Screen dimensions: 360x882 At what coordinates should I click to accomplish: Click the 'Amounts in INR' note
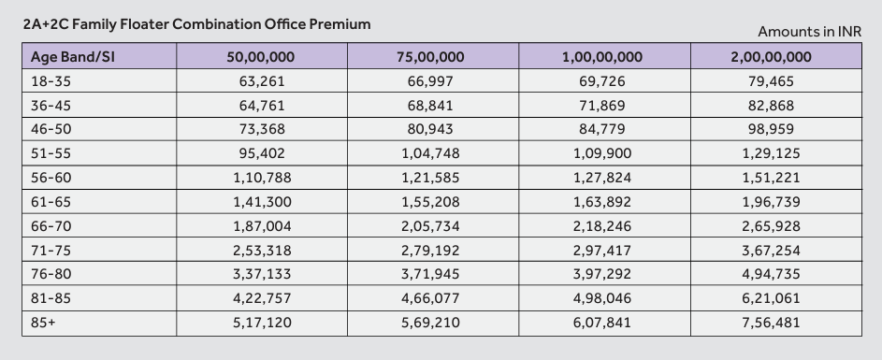(809, 32)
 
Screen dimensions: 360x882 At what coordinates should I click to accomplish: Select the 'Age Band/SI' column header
(73, 57)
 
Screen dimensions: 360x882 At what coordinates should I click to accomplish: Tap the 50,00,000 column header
(260, 57)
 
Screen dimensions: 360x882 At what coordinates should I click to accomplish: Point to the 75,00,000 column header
(430, 57)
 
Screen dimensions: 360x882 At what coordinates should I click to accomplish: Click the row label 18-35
(51, 81)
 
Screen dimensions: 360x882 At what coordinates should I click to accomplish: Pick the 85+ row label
(44, 323)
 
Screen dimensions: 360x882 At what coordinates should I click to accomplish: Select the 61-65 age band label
(51, 202)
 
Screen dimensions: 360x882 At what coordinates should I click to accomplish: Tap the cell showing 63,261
(262, 81)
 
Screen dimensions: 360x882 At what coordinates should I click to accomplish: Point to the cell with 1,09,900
(602, 153)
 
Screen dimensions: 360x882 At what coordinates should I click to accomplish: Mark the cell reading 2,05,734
(430, 226)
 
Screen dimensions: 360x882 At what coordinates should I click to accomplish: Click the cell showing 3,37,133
(262, 274)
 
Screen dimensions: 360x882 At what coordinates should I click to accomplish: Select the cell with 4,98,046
(602, 298)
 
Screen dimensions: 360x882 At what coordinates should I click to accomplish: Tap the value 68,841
(430, 106)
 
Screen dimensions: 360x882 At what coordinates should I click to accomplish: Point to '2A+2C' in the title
(46, 23)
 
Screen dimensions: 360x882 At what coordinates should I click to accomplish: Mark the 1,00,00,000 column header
(602, 57)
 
